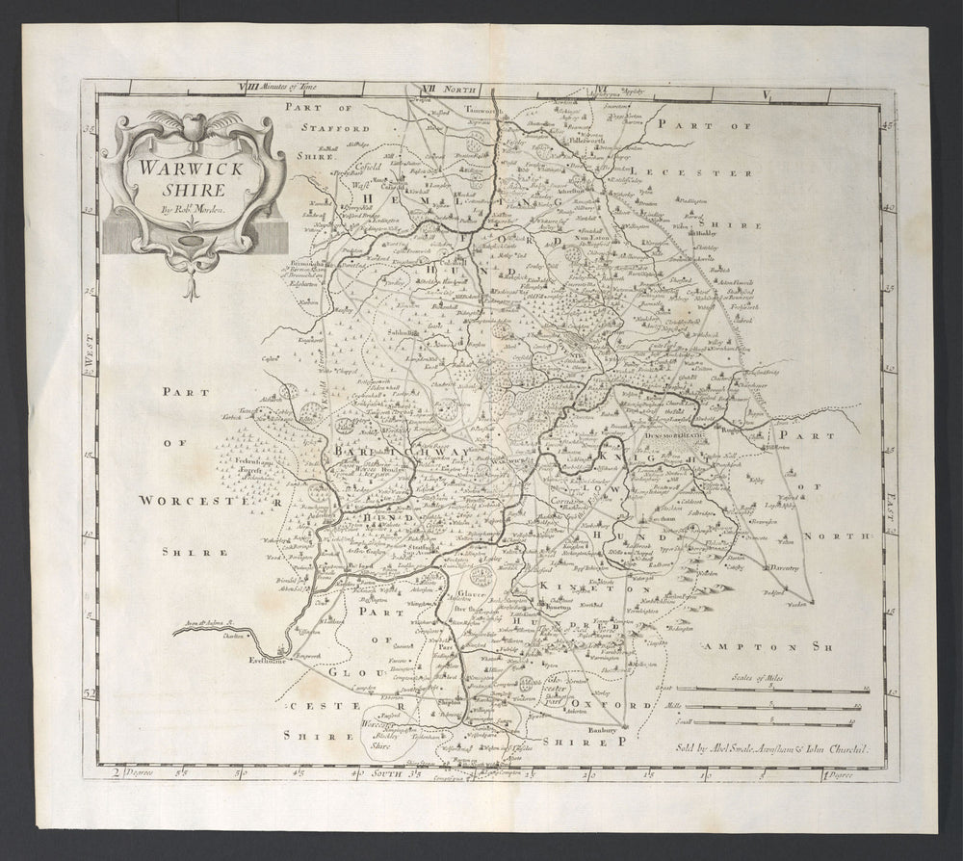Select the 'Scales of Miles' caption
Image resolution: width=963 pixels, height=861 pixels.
coord(757,679)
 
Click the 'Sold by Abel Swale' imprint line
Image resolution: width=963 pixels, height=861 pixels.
coord(762,747)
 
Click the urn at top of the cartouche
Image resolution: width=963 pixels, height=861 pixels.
coord(191,122)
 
